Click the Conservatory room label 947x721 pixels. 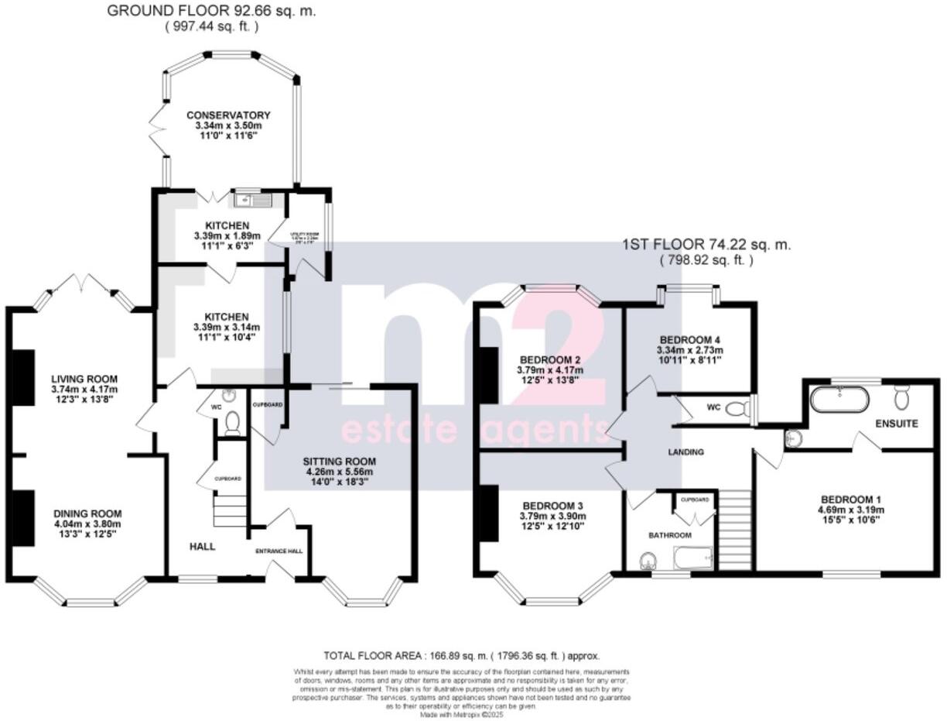pos(228,115)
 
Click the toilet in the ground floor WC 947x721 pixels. pos(231,422)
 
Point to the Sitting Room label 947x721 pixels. pos(340,462)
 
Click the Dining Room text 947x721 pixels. pos(87,513)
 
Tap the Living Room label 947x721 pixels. pos(84,378)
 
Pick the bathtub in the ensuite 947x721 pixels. pos(839,400)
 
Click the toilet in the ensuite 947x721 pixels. pos(902,397)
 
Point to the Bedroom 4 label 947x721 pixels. pos(690,340)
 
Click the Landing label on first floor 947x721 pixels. pos(685,451)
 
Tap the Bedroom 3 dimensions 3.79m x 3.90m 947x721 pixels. pos(552,516)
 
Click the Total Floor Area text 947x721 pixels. pos(461,655)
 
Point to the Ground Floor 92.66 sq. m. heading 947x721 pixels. pos(211,11)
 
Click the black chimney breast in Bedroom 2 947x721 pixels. pos(489,375)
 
